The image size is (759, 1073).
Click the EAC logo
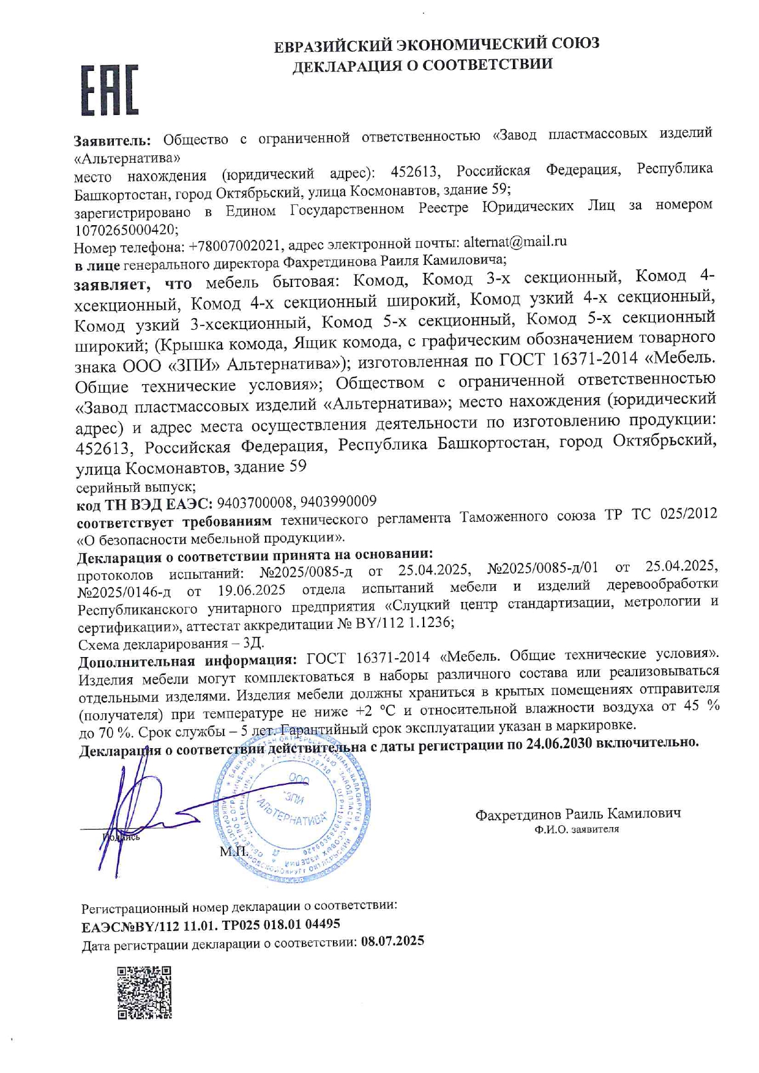(110, 91)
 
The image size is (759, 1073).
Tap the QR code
(144, 992)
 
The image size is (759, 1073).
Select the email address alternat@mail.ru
(515, 242)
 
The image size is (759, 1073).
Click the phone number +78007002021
(236, 246)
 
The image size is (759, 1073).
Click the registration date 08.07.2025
(392, 941)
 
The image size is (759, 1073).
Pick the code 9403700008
(255, 503)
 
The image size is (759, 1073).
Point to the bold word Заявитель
(112, 141)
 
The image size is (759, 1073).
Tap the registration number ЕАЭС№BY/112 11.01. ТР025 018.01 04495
(211, 924)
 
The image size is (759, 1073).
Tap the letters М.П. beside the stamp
(234, 851)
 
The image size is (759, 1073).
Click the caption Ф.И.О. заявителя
(576, 830)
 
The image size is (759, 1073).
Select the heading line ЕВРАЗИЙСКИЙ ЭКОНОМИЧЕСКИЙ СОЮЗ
(436, 44)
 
